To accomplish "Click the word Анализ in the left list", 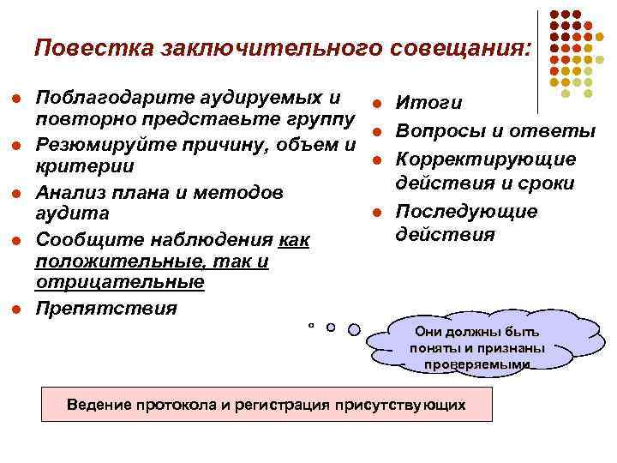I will (x=73, y=191).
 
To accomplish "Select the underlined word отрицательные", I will (x=119, y=282).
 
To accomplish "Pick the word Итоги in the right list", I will (x=428, y=104).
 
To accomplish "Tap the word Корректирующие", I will (x=485, y=159).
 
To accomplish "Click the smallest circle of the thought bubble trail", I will (x=311, y=326).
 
